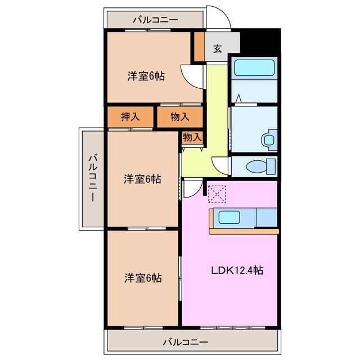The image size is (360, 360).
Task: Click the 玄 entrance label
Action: click(x=217, y=48)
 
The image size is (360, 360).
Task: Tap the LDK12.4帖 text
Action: click(x=237, y=270)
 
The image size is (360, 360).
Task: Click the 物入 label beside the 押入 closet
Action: click(x=179, y=117)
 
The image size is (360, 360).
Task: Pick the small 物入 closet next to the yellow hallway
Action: click(x=192, y=137)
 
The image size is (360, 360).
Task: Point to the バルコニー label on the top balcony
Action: click(x=155, y=20)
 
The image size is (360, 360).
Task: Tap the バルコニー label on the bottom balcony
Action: click(x=186, y=341)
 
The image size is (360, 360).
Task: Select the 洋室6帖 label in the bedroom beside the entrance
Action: click(x=146, y=76)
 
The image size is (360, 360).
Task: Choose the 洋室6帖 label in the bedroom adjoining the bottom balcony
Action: click(x=143, y=278)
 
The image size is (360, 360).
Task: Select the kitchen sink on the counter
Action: click(x=232, y=217)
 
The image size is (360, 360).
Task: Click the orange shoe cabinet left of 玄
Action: click(x=199, y=47)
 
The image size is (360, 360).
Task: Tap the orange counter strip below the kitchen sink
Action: click(x=244, y=231)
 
